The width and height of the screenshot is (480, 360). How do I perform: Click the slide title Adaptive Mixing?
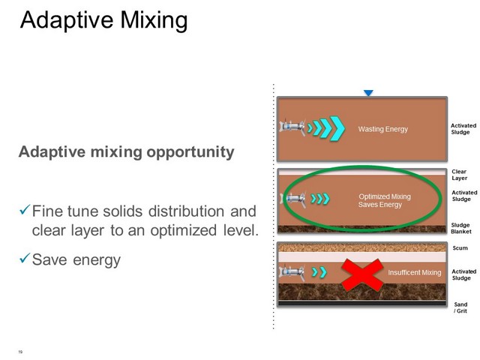coord(103,21)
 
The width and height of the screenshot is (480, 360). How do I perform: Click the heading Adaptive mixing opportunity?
coord(127,151)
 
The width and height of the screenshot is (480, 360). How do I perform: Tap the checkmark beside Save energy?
coord(25,258)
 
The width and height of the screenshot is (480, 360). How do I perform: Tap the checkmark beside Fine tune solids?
coord(25,209)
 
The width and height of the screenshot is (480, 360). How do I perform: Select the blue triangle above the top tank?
coord(368,93)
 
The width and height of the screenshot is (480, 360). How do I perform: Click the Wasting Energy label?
coord(383,129)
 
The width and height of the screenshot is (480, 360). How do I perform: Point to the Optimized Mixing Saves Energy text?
coord(385,200)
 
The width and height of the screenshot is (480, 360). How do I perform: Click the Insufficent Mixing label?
coord(415,272)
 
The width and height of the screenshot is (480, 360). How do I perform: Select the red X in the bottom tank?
coord(361,274)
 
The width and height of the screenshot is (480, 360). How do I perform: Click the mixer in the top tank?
coord(292,127)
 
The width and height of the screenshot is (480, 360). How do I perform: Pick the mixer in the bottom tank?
coord(292,272)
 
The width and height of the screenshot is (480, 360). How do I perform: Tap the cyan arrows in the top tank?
coord(326,128)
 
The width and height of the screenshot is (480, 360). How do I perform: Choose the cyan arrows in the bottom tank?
coord(319,272)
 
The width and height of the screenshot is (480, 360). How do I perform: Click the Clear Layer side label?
coord(459,175)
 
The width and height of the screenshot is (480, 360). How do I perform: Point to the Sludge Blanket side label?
coord(461,228)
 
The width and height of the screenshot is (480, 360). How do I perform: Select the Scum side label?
coord(460,248)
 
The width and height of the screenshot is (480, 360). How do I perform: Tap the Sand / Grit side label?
coord(460,307)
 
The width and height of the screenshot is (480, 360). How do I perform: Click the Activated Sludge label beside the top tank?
coord(463,129)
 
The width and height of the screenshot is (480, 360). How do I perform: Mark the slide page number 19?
coord(20,352)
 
